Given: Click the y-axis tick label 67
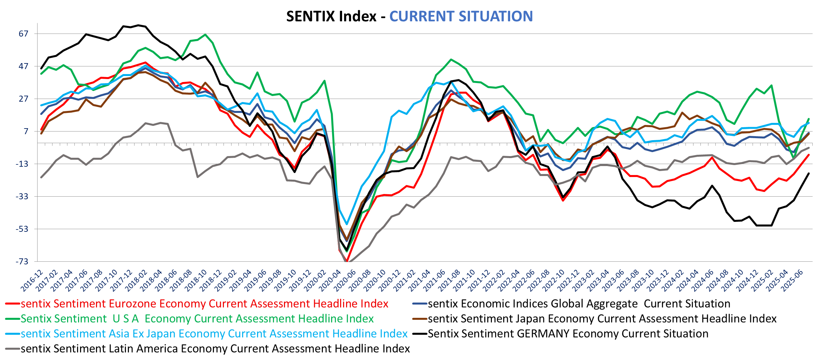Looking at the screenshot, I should pyautogui.click(x=24, y=34).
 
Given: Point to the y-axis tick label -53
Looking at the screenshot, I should pyautogui.click(x=22, y=229).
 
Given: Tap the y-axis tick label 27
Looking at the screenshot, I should pyautogui.click(x=24, y=99).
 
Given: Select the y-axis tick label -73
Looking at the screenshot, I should pyautogui.click(x=22, y=261).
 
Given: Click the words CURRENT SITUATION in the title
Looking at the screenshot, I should pyautogui.click(x=461, y=16).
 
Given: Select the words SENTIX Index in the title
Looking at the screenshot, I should pyautogui.click(x=331, y=16).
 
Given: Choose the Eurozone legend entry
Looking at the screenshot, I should pyautogui.click(x=204, y=304).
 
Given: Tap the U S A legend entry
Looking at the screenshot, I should pyautogui.click(x=197, y=318).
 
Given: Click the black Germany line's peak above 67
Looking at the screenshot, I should pyautogui.click(x=138, y=25).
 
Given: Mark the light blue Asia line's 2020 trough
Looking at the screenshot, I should pyautogui.click(x=347, y=224).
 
